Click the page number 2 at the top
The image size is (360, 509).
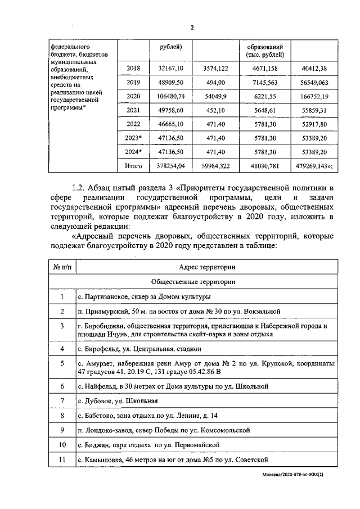point(192,27)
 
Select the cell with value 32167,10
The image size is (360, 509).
point(169,68)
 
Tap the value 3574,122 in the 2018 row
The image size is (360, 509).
point(215,68)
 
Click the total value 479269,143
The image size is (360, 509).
point(315,166)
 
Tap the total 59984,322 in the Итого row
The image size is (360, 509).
point(215,166)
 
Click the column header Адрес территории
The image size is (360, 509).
point(207,267)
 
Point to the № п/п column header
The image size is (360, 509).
point(62,267)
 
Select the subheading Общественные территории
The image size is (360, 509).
point(193,281)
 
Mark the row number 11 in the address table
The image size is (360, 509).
point(62,461)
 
